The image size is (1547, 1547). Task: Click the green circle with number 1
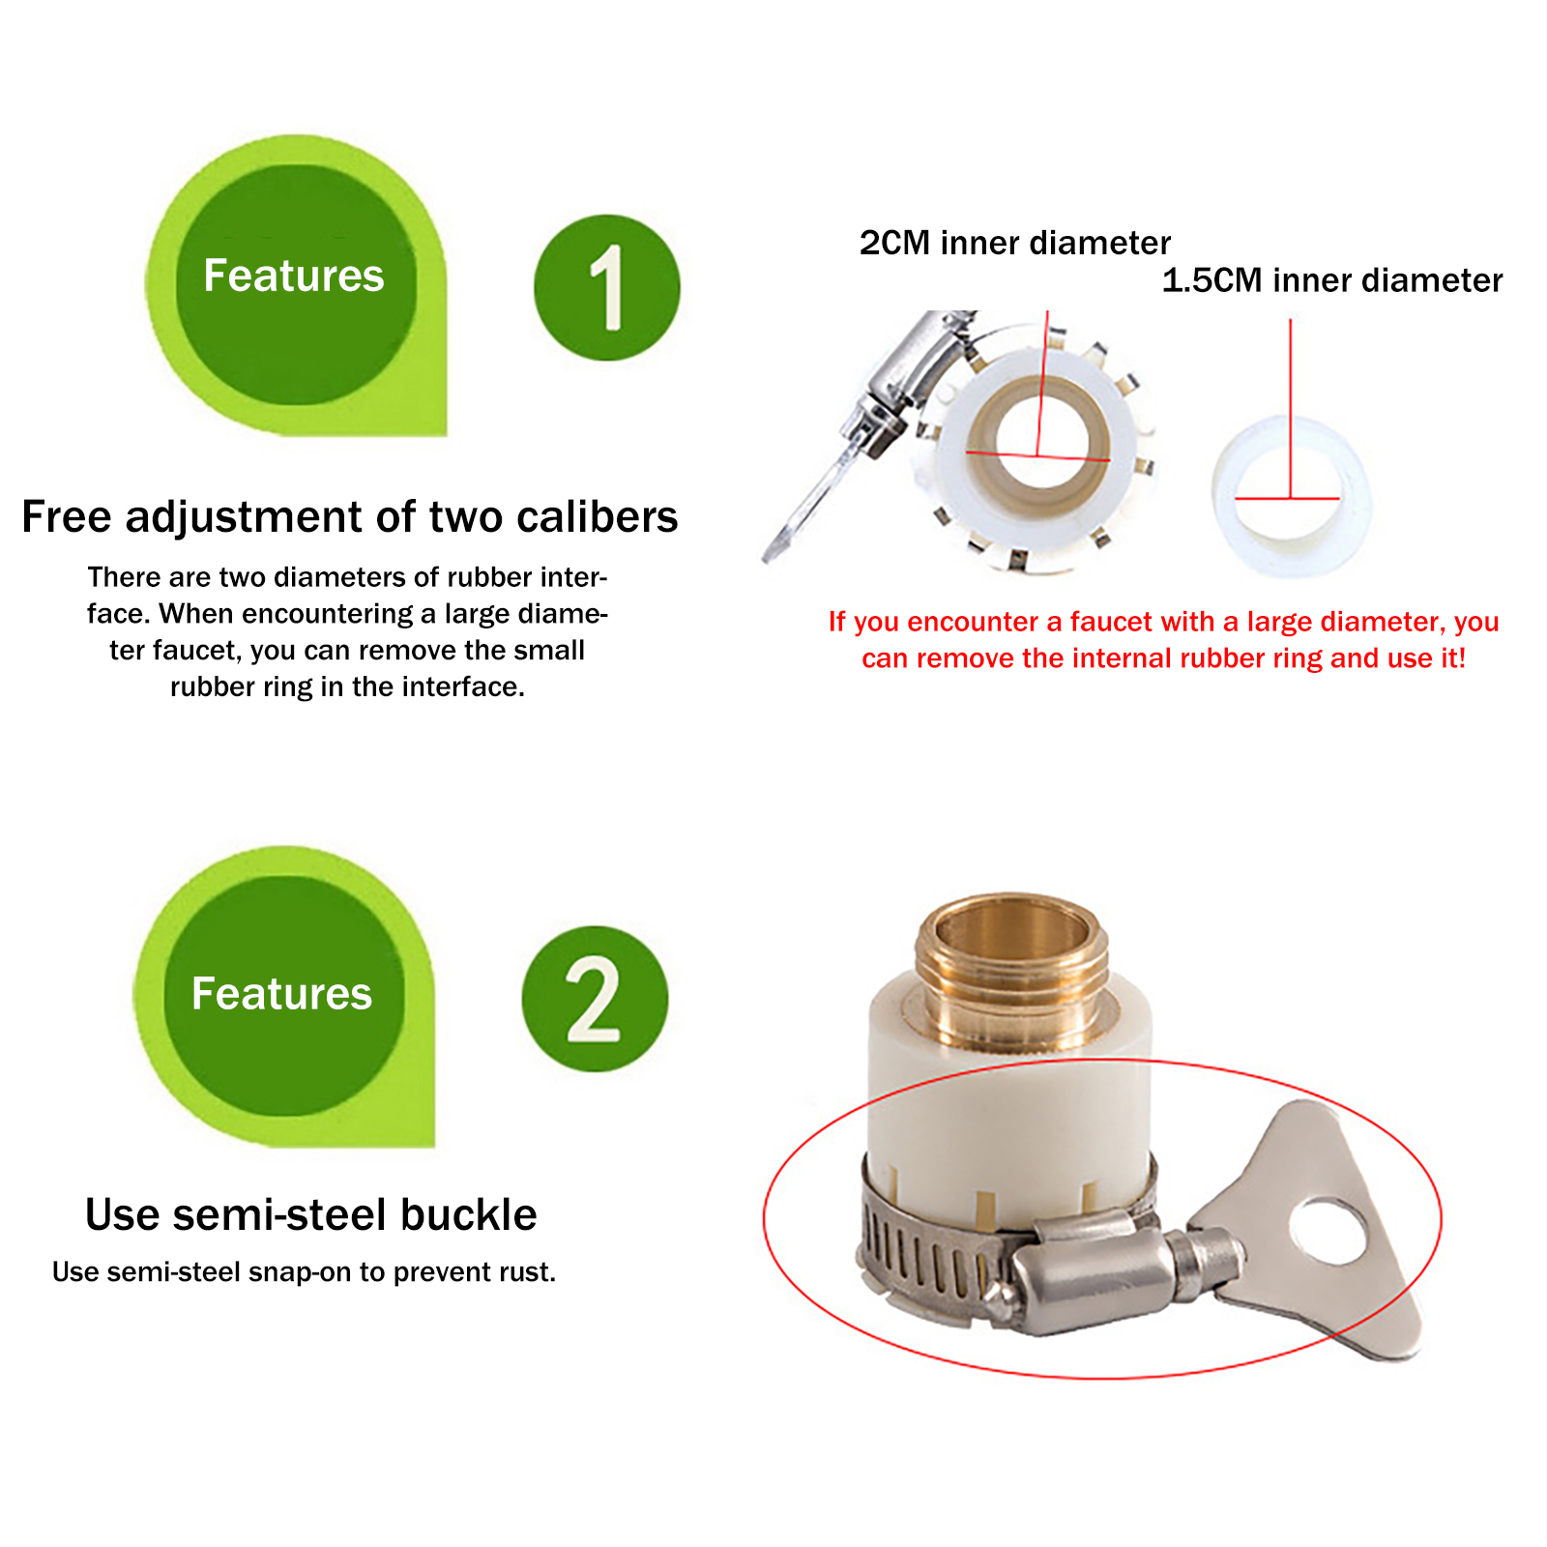[607, 287]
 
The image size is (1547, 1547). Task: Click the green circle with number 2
[595, 999]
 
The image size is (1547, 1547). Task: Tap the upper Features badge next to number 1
[296, 285]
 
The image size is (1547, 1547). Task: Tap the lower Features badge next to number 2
[284, 997]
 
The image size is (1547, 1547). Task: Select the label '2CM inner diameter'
[1015, 243]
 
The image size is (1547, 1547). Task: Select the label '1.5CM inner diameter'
[1332, 280]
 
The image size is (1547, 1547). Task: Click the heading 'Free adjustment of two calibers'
[350, 516]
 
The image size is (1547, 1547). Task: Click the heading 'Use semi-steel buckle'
[311, 1214]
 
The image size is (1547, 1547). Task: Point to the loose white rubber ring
[1291, 496]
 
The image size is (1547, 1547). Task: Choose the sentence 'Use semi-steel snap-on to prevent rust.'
[305, 1272]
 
